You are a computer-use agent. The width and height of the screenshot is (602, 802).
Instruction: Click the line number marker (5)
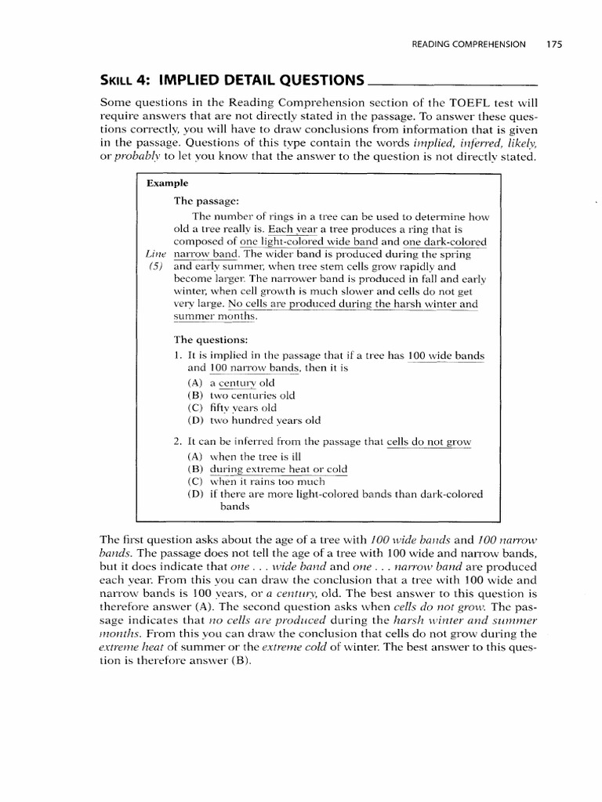158,266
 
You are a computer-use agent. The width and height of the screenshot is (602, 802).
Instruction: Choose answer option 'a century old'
241,383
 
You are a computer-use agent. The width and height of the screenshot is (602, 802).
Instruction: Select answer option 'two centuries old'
252,396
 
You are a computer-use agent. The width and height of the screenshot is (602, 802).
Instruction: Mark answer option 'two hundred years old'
264,421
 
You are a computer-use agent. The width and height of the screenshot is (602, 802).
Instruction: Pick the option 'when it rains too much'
266,482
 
